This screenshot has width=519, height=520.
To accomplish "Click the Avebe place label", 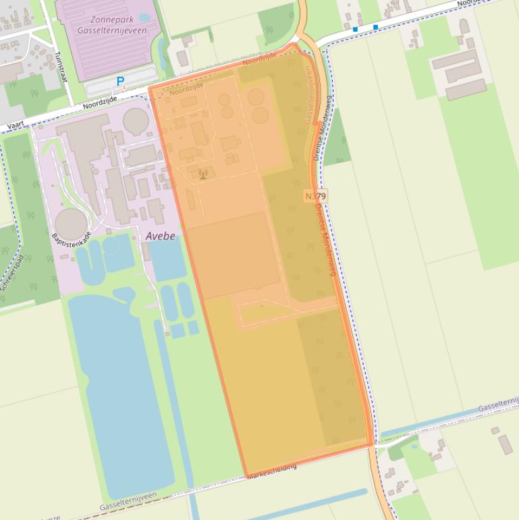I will pyautogui.click(x=160, y=236).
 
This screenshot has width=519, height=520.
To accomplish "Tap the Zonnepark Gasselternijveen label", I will pyautogui.click(x=112, y=25).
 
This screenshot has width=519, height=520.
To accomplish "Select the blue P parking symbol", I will pyautogui.click(x=121, y=82).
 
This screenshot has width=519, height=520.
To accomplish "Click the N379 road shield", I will pyautogui.click(x=315, y=196).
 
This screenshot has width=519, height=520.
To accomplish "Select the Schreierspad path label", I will pyautogui.click(x=13, y=271).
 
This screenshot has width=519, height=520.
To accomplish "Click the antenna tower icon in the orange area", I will pyautogui.click(x=202, y=175).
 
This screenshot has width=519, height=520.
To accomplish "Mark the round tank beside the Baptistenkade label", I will pyautogui.click(x=71, y=224).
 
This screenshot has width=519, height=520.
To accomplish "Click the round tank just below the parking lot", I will pyautogui.click(x=136, y=121).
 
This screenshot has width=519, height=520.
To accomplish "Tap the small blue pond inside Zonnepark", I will pyautogui.click(x=144, y=17).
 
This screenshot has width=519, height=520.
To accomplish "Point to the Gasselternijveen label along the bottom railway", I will pyautogui.click(x=128, y=501).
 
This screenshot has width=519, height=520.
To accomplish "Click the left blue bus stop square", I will pyautogui.click(x=355, y=29).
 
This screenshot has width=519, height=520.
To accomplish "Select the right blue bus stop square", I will pyautogui.click(x=375, y=27).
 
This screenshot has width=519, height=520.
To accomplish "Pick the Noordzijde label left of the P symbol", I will pyautogui.click(x=100, y=103).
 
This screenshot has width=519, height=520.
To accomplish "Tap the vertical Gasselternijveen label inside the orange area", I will pyautogui.click(x=309, y=95).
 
